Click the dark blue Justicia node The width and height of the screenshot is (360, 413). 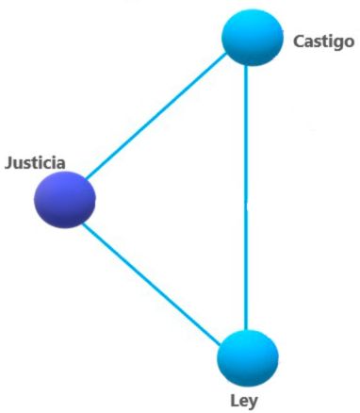(65, 199)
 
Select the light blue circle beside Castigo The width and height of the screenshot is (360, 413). (252, 37)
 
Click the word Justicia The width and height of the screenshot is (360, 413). (35, 162)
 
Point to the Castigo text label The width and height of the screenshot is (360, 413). (323, 41)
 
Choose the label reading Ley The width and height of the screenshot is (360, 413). (243, 400)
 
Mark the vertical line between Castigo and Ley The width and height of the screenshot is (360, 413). (247, 198)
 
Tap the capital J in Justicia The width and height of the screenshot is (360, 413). (9, 162)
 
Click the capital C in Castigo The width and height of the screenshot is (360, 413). (298, 41)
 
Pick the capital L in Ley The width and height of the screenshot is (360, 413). (234, 399)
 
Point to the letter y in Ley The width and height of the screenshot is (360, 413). (253, 402)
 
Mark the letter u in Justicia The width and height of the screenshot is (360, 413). (18, 163)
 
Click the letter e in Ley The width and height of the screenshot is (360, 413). (243, 401)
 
